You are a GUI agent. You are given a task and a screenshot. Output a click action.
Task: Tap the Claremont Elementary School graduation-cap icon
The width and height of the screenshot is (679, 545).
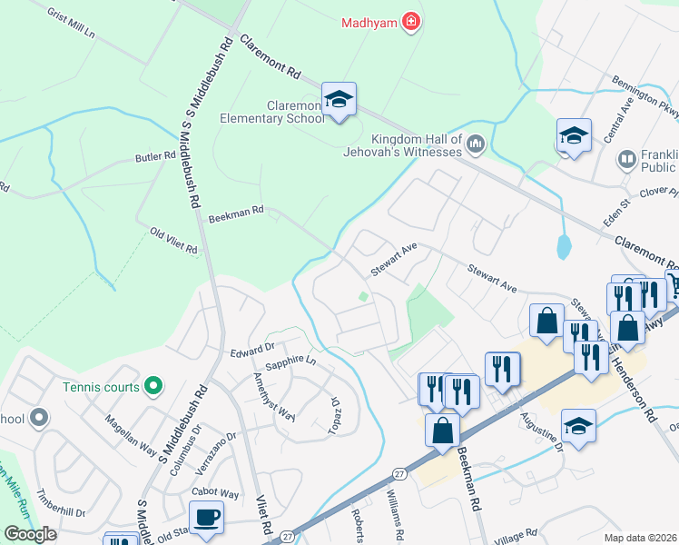click(x=339, y=100)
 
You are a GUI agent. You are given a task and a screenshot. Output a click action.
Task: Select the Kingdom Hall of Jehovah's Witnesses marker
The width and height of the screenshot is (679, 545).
click(x=476, y=144)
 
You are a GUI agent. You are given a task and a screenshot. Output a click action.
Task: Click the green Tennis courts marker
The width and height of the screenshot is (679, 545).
click(x=153, y=387)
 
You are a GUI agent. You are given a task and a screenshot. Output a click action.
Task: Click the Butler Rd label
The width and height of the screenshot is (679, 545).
click(x=154, y=156)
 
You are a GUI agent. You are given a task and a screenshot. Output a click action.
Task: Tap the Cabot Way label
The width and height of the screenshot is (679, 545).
click(x=214, y=493)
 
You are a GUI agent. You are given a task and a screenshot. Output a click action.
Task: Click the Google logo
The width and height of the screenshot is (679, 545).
click(x=31, y=534)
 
